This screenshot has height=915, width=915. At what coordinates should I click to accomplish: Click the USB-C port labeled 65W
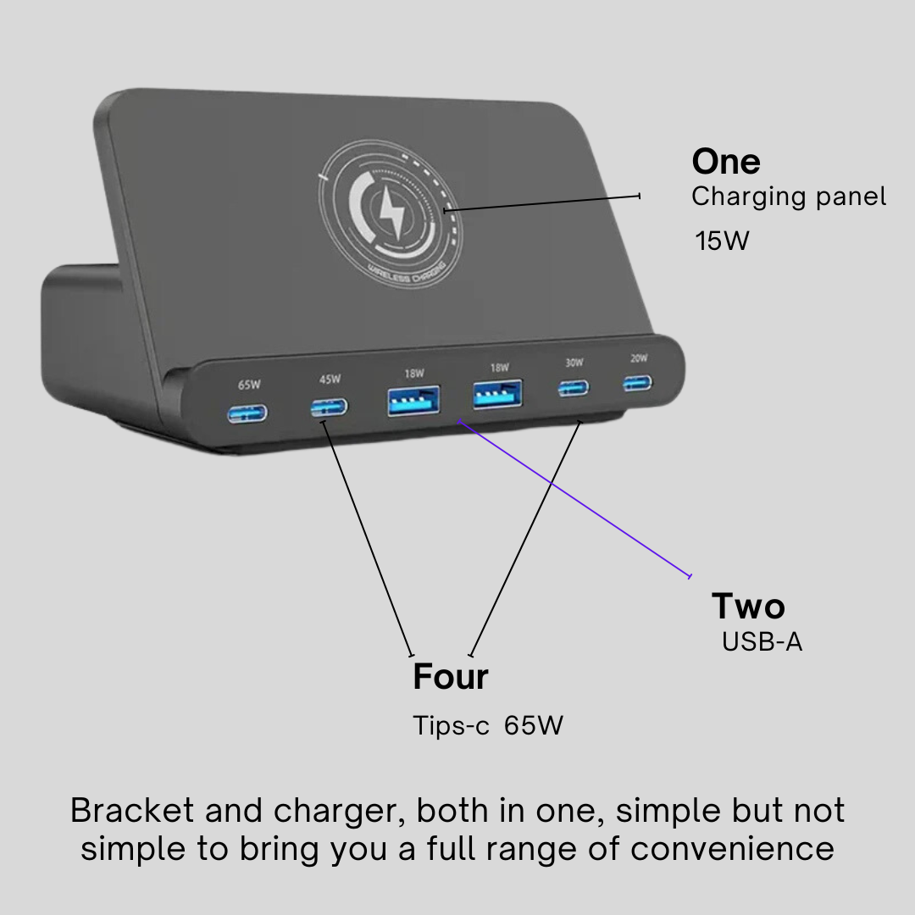click(247, 413)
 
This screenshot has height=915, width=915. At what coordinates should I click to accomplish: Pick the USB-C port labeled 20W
click(639, 384)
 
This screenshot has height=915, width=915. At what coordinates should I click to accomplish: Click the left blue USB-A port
click(413, 401)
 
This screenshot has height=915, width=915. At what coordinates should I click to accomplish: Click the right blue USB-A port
click(497, 394)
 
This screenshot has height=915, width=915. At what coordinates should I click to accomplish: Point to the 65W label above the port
click(249, 385)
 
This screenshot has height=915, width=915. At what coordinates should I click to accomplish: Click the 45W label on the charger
click(330, 379)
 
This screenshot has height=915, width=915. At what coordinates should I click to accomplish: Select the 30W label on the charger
click(574, 363)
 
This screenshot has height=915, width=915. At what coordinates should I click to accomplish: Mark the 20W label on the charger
click(639, 358)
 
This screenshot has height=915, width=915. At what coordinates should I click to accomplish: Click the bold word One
click(725, 161)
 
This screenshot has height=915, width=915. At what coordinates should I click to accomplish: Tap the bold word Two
click(748, 607)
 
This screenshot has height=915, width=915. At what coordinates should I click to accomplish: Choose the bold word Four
click(450, 677)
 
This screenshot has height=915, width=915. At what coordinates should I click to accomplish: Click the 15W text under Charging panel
click(722, 241)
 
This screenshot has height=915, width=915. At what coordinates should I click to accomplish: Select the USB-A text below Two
click(762, 642)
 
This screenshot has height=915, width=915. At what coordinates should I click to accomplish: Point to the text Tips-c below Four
click(451, 726)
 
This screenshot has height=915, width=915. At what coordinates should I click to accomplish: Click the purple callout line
click(576, 500)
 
